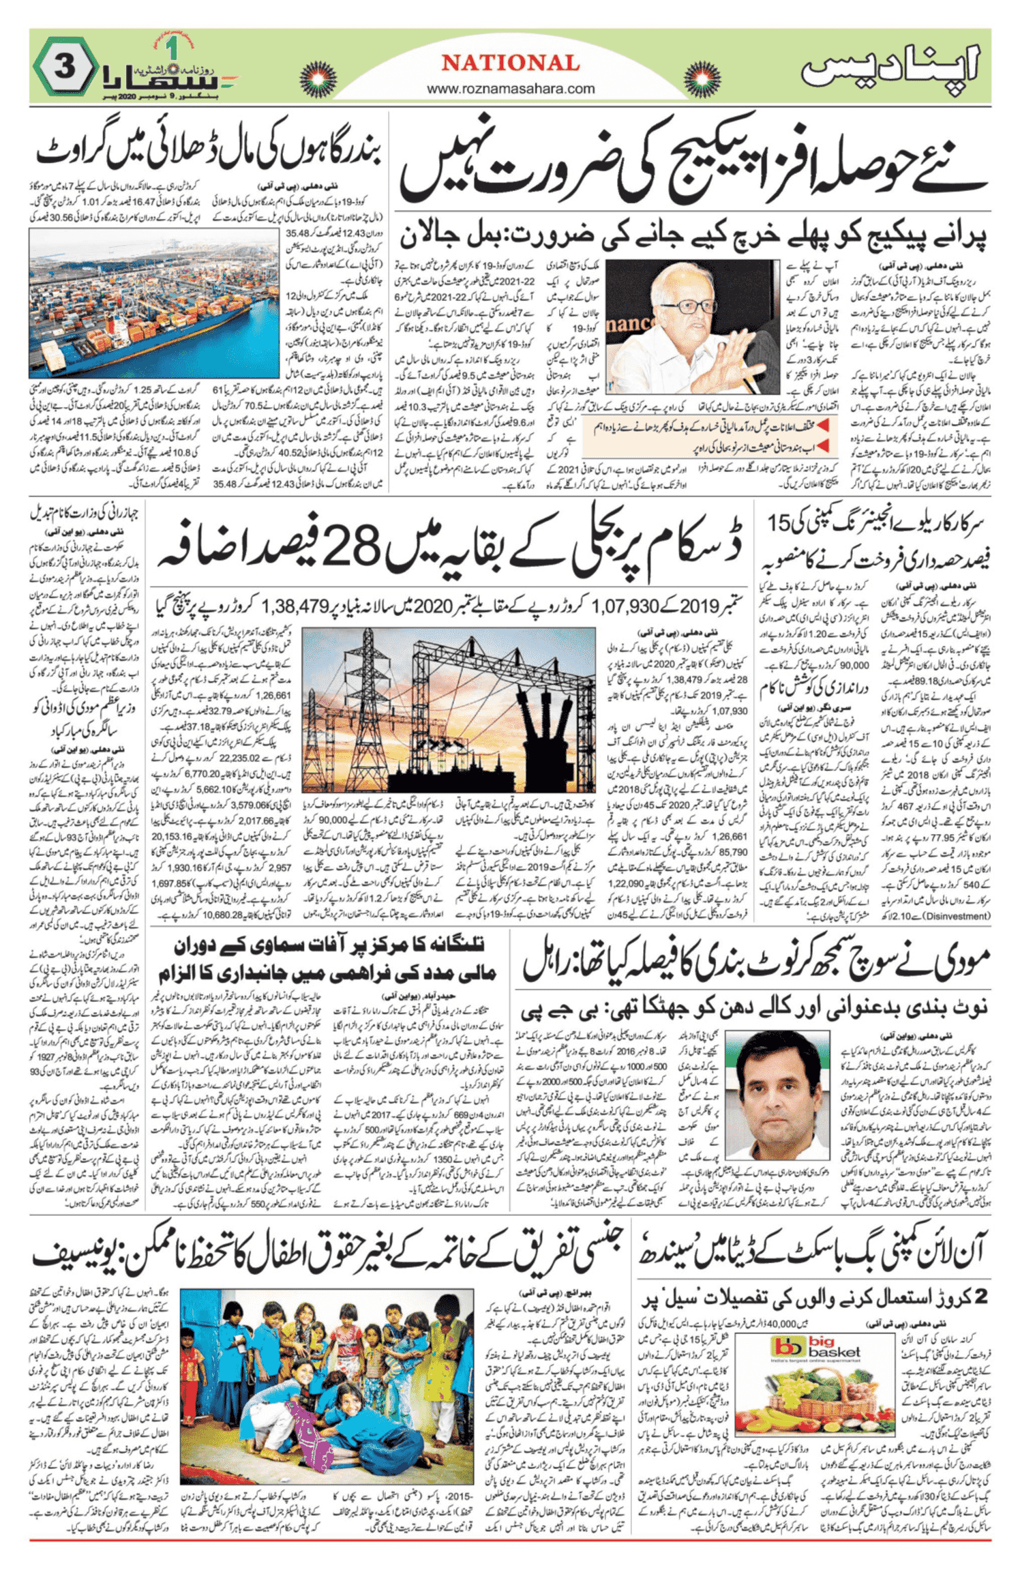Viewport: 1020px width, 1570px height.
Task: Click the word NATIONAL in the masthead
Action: (510, 63)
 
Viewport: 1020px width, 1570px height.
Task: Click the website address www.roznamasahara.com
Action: (510, 89)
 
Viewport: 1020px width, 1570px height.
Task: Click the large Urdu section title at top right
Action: (890, 67)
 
